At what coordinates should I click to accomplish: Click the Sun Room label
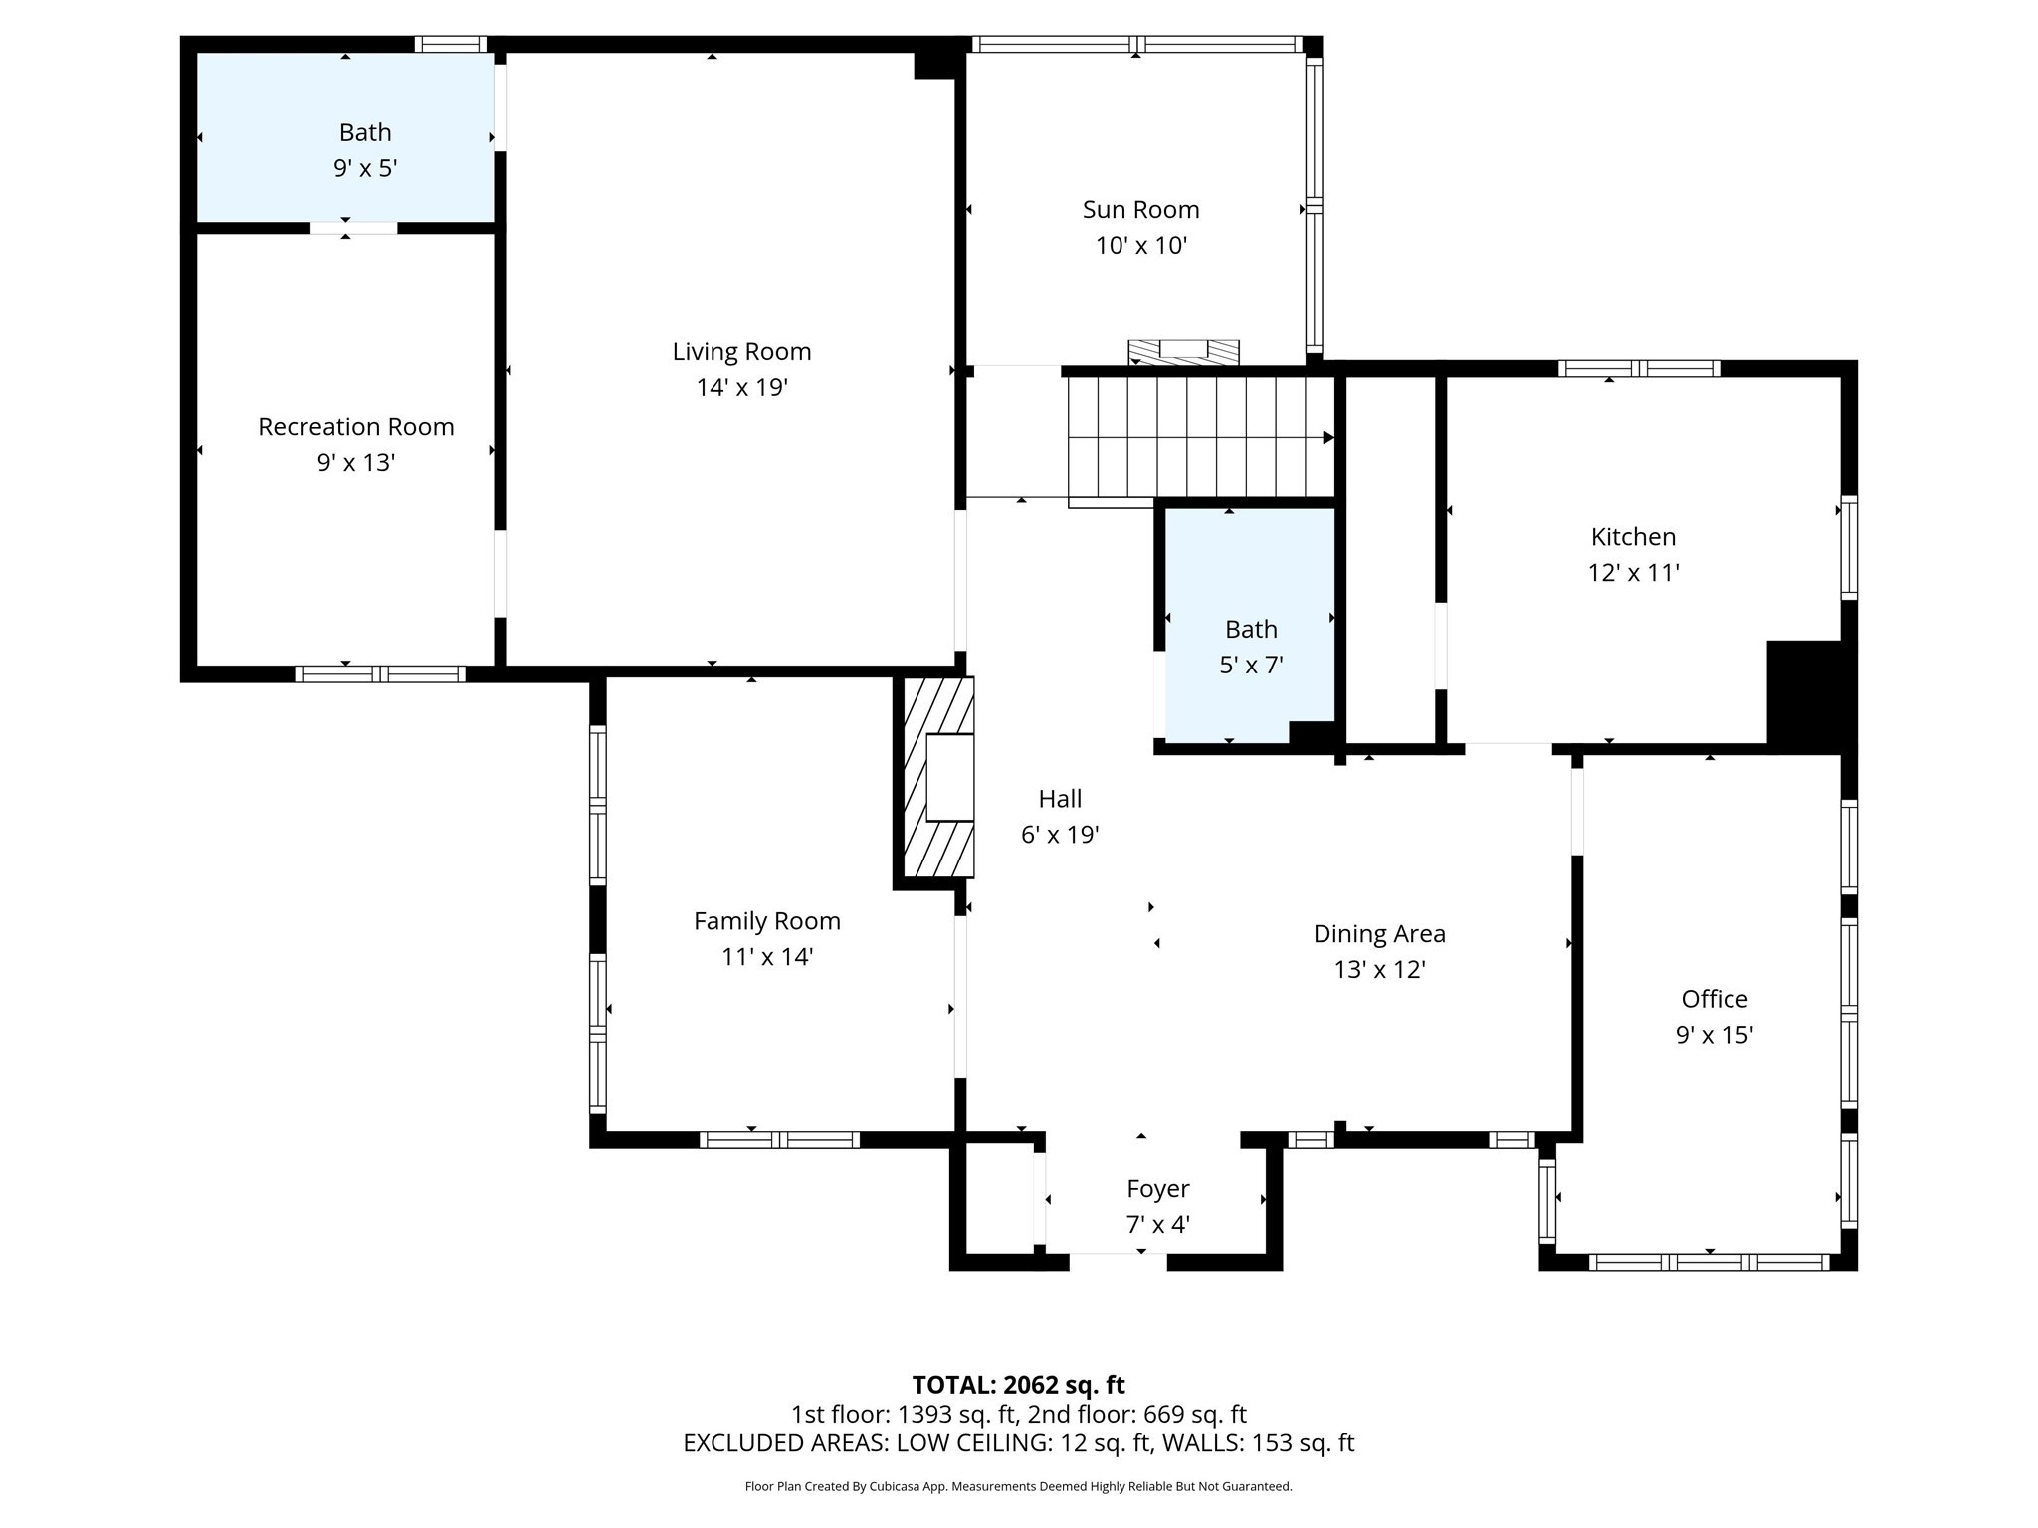point(1140,210)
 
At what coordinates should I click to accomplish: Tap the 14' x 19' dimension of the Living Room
point(741,388)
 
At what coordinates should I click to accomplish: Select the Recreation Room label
point(355,427)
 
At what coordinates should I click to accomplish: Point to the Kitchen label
point(1633,537)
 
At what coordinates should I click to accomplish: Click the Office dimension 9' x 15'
point(1714,1035)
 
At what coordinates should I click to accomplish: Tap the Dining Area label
point(1378,934)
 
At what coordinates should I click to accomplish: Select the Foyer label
point(1157,1189)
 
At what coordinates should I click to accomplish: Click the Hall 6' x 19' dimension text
point(1059,835)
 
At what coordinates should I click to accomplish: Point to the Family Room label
point(766,921)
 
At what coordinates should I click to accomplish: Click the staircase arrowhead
point(1327,438)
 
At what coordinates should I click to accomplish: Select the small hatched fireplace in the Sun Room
point(1183,351)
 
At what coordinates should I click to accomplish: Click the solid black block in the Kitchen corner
point(1806,692)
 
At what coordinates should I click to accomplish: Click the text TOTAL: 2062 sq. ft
point(1018,1385)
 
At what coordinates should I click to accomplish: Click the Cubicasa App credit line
point(1018,1486)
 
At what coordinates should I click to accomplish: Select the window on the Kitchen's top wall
point(1638,368)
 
